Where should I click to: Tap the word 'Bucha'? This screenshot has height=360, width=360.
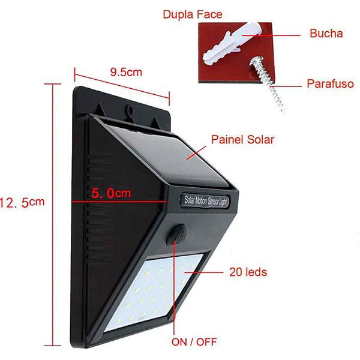coord(326,34)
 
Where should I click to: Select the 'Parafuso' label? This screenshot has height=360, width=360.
coord(329,83)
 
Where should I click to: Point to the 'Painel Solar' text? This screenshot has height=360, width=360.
coord(242,140)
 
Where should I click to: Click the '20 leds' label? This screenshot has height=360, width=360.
coord(248,272)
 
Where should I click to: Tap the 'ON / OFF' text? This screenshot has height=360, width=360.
coord(194,343)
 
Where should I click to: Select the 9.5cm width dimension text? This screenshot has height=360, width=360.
coord(126,72)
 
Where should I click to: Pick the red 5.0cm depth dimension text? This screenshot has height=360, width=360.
coord(110,194)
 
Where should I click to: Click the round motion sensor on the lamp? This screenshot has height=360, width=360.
coord(176,235)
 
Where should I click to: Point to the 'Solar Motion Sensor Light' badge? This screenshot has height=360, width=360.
coord(206,200)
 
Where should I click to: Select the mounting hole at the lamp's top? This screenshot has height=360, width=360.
coord(130,110)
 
